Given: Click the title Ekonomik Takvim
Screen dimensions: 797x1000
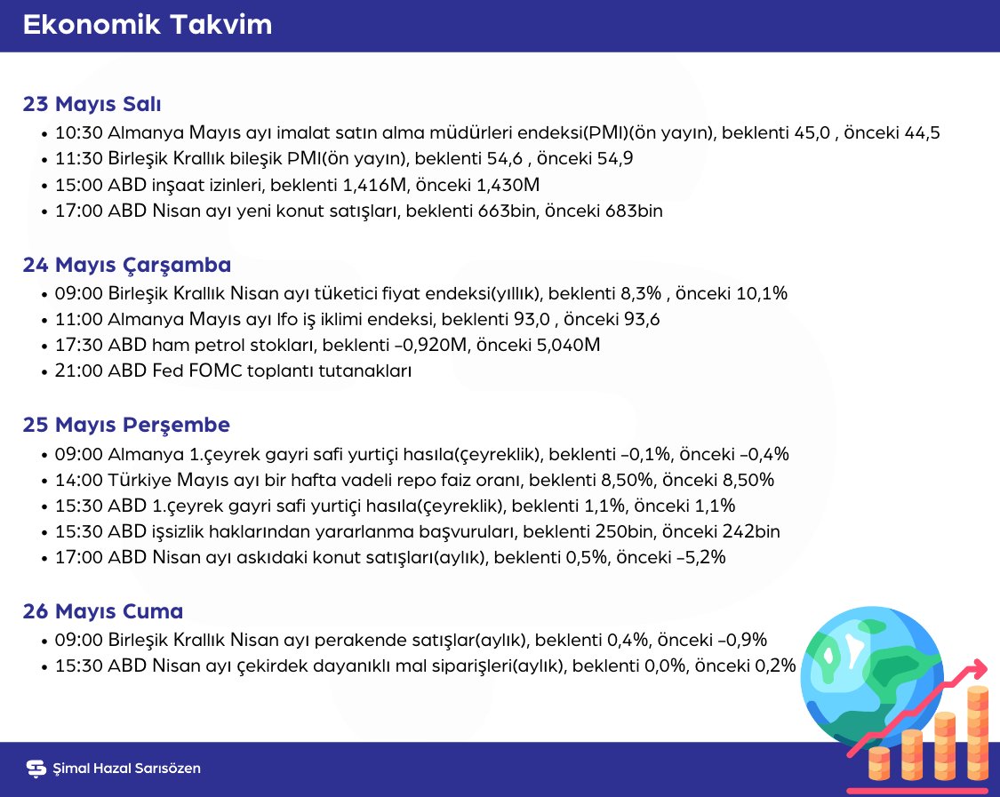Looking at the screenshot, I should [147, 25].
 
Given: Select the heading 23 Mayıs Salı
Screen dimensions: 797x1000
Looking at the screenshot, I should [92, 104].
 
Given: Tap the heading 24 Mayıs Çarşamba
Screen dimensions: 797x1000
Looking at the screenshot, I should [126, 265].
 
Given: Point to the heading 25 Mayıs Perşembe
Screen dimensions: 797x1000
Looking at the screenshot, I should [126, 425].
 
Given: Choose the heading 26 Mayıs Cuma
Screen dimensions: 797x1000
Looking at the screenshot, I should [102, 611].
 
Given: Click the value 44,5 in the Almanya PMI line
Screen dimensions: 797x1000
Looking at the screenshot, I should [921, 133].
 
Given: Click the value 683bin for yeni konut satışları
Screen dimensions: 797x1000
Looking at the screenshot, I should [633, 212].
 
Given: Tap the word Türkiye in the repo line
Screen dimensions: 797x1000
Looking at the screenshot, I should [137, 481].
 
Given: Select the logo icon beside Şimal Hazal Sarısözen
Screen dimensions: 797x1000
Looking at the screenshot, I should [36, 769].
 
